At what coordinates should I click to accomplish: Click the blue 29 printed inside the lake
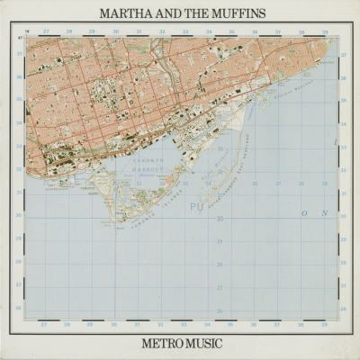click(x=220, y=240)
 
